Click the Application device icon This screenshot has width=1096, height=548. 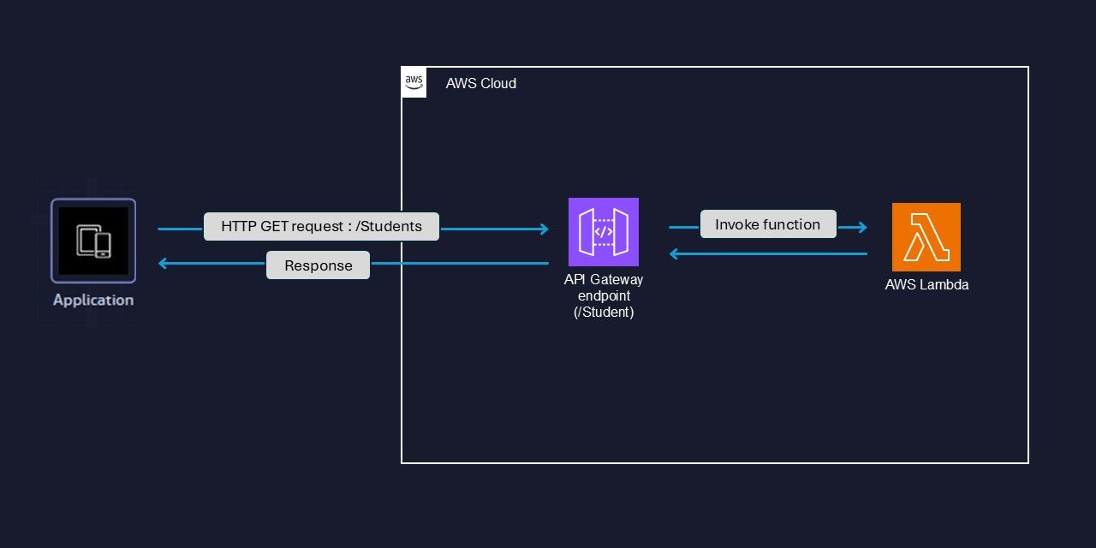(92, 241)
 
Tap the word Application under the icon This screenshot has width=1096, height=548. (92, 301)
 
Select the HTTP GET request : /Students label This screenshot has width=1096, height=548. (321, 227)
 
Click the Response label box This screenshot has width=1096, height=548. (318, 265)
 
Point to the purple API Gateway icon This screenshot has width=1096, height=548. (604, 232)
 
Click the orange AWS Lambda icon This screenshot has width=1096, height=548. (926, 237)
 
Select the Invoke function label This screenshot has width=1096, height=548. (768, 224)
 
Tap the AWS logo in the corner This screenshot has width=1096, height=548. (414, 83)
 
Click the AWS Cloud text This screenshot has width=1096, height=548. (480, 84)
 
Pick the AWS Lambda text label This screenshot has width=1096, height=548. (926, 285)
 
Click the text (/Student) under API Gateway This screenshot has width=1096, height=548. (604, 313)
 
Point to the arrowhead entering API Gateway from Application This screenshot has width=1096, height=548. (543, 229)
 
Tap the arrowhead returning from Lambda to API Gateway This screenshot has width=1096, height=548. (675, 253)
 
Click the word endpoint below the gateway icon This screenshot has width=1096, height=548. (604, 296)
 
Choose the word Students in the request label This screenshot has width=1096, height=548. (392, 227)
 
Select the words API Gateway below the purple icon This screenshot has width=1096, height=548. (604, 280)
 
